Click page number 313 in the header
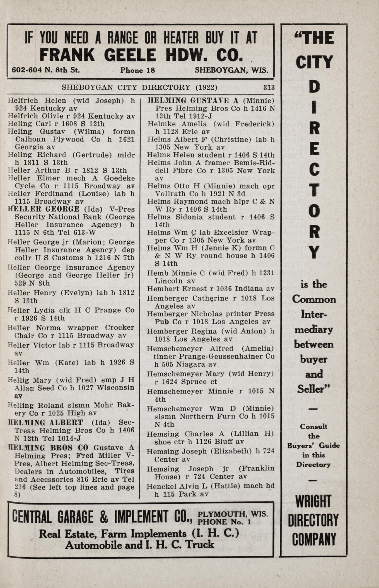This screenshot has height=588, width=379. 269,87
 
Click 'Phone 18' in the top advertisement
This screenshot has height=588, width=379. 137,70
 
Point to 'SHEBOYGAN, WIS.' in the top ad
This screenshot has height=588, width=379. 231,70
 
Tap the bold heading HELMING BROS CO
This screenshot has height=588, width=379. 48,448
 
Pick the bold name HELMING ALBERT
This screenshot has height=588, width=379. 46,422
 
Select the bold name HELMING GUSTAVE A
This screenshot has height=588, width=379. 193,101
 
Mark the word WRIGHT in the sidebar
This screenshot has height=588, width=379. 314,502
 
